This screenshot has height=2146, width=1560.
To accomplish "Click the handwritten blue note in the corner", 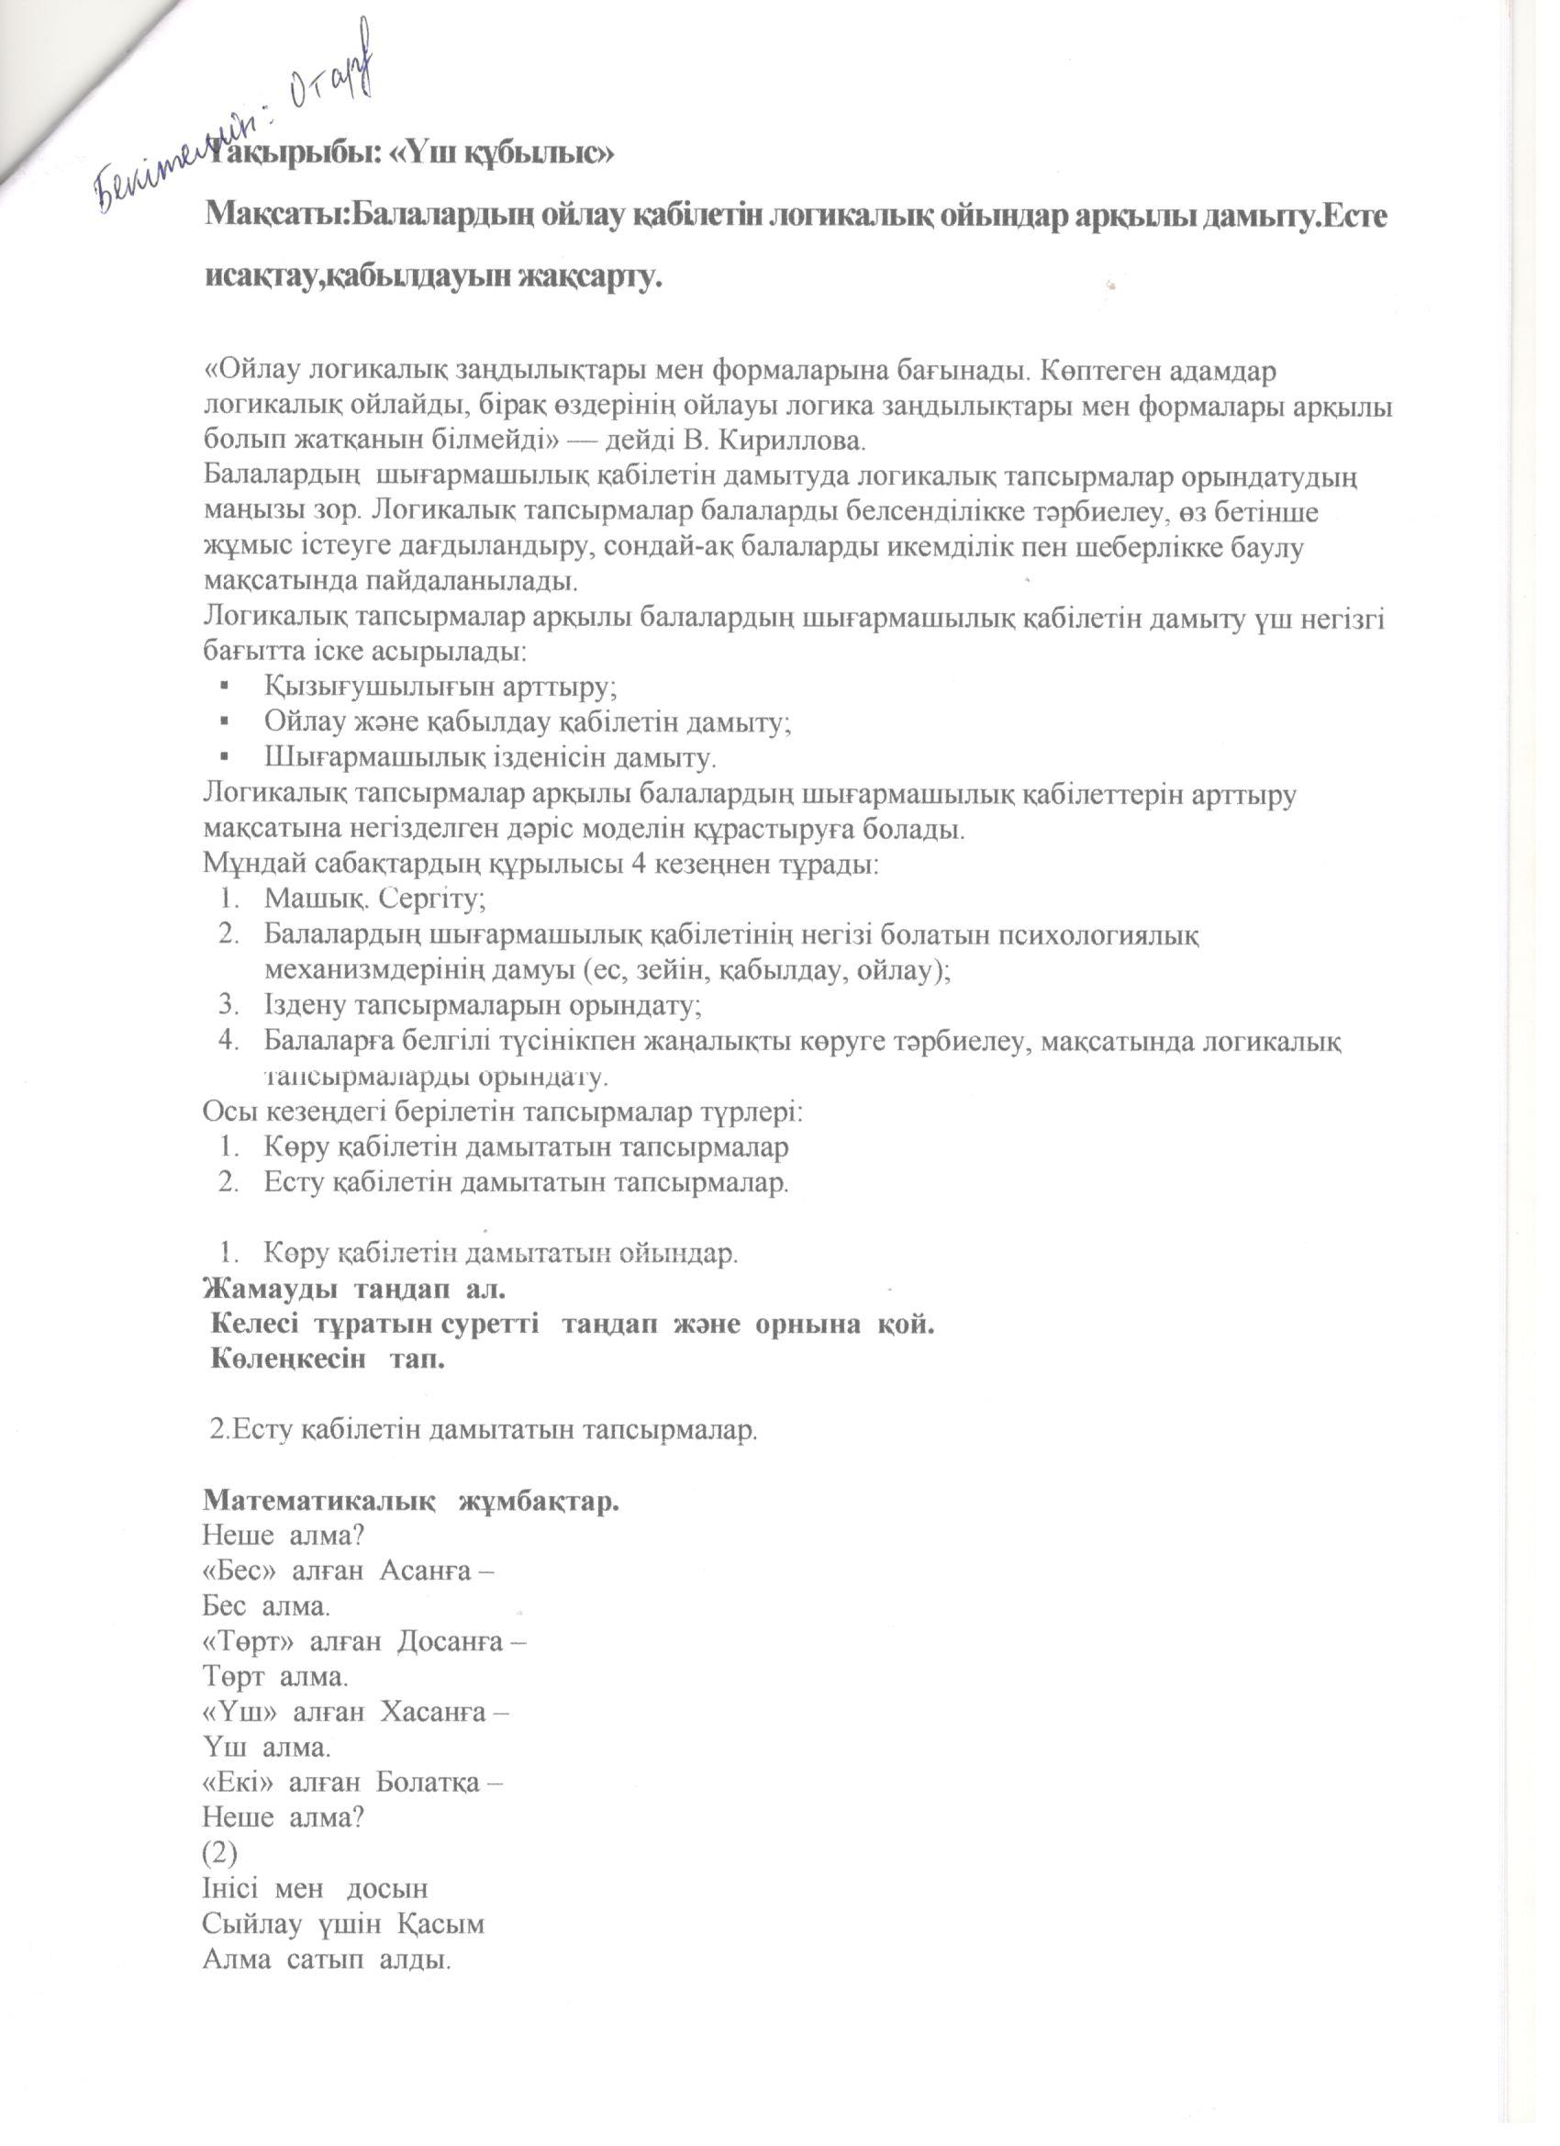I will [x=237, y=123].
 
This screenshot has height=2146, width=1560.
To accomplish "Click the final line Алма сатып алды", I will [x=326, y=1960].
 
